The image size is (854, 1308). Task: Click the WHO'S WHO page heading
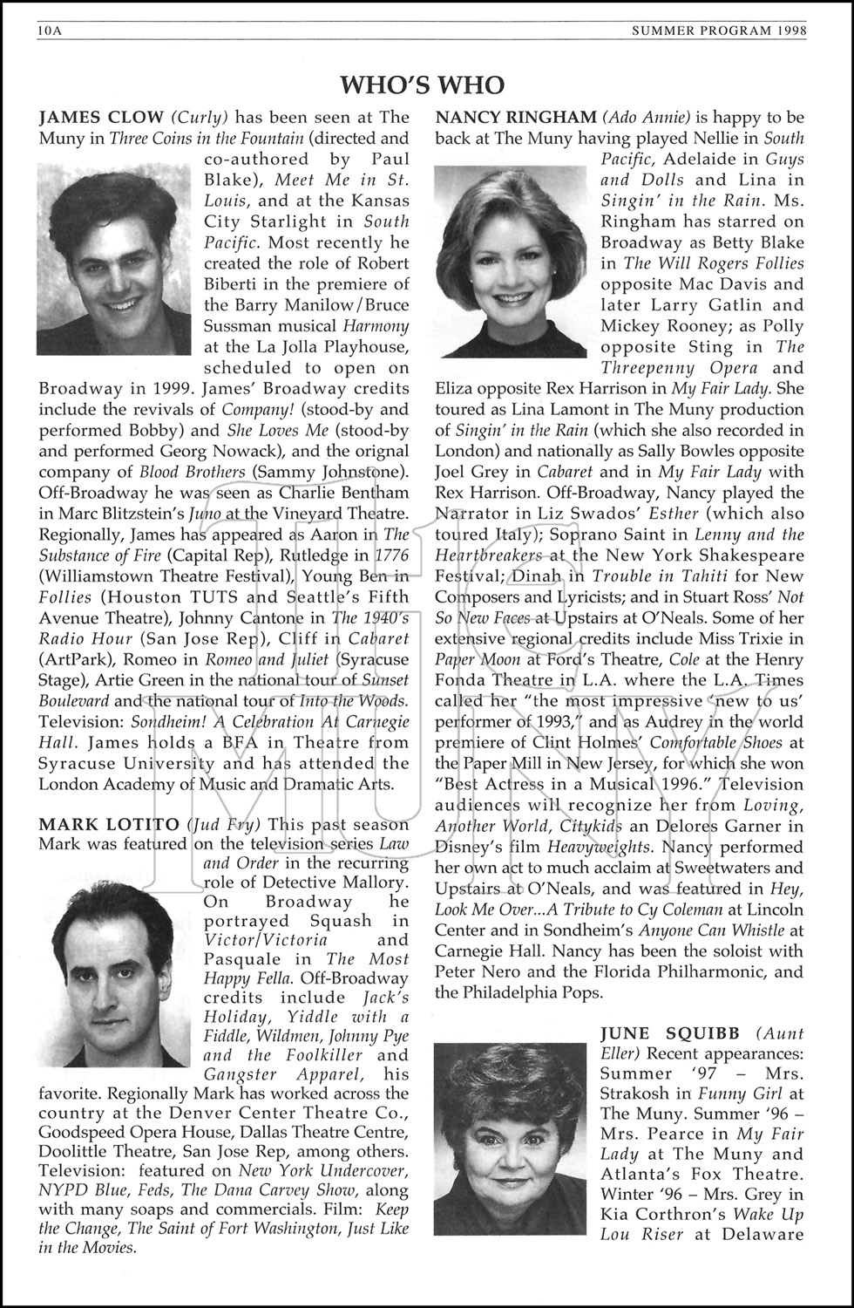(422, 85)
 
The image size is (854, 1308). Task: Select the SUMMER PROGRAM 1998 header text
(720, 32)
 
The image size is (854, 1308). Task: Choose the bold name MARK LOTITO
(108, 824)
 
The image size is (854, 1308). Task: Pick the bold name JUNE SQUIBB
(669, 1033)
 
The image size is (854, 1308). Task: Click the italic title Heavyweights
(596, 847)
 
